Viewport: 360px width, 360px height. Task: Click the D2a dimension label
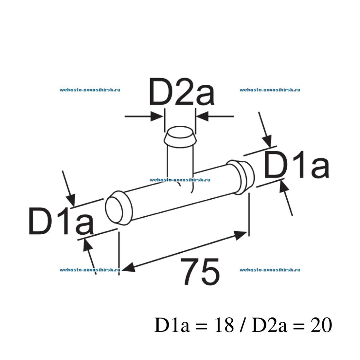(x=181, y=92)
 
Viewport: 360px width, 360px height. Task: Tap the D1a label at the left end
(x=61, y=221)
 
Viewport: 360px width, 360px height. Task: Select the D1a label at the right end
(x=297, y=165)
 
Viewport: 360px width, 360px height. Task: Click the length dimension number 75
(x=200, y=272)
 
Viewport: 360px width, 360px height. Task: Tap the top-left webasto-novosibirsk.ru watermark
(x=90, y=90)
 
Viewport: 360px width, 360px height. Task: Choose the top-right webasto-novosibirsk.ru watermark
(x=270, y=90)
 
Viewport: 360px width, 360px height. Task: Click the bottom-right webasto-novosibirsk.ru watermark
(x=270, y=270)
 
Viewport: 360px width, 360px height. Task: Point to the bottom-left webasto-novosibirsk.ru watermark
(x=90, y=270)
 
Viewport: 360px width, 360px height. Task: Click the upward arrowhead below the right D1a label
(x=284, y=187)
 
